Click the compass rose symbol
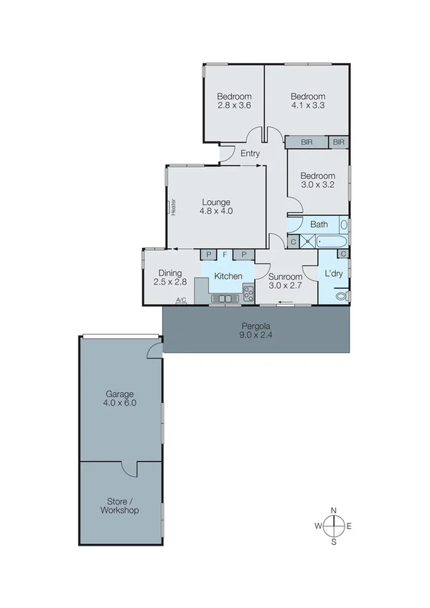point(334,526)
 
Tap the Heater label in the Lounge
point(173,207)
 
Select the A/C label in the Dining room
point(181,300)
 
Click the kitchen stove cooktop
point(248,292)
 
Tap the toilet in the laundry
point(342,295)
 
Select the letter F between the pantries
point(225,255)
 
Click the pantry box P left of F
point(208,255)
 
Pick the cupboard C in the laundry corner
point(344,254)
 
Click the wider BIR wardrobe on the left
point(307,143)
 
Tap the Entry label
point(250,153)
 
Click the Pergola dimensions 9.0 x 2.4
point(257,334)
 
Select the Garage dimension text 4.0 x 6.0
point(120,404)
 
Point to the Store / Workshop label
point(120,505)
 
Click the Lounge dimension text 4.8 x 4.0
point(216,211)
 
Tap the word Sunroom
point(285,275)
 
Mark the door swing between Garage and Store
point(129,468)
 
